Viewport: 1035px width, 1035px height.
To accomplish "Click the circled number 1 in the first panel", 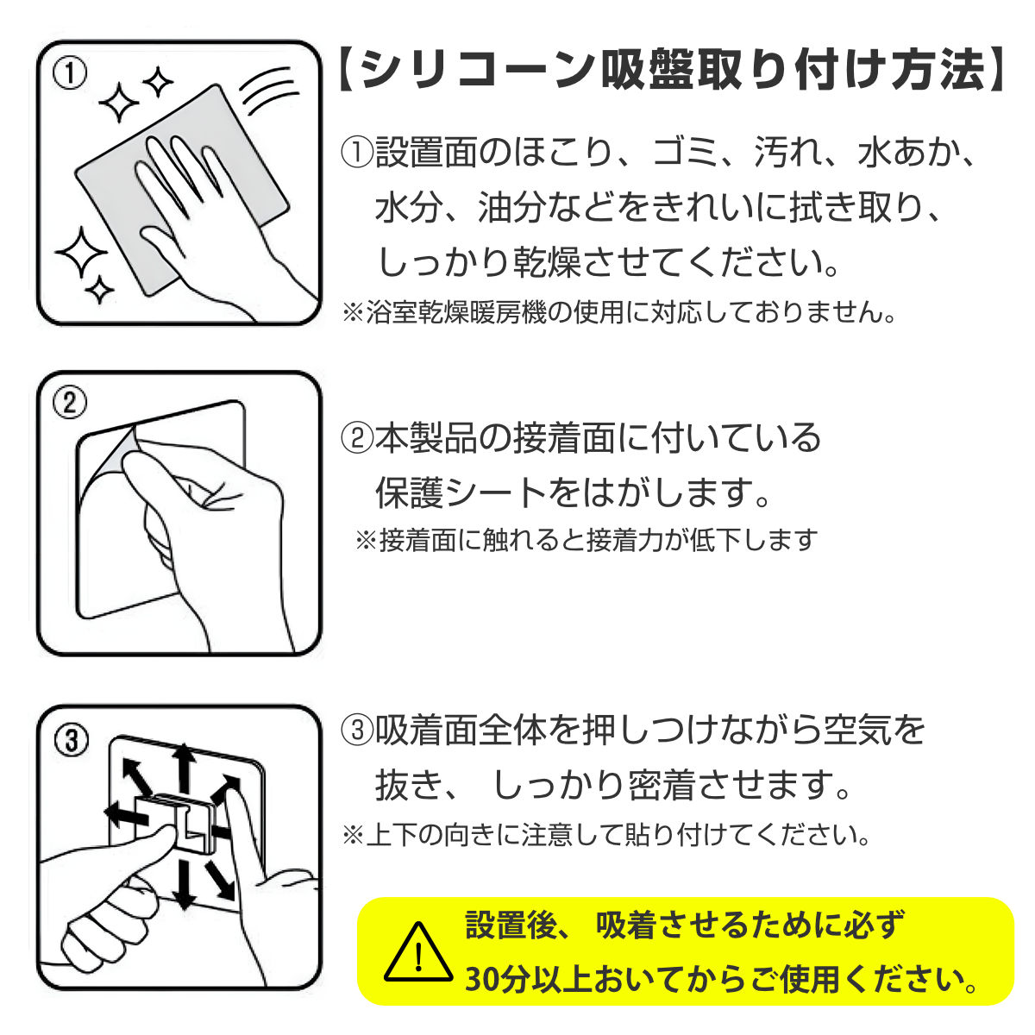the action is pos(70,73).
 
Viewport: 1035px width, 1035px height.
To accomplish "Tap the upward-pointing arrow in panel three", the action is pos(185,769).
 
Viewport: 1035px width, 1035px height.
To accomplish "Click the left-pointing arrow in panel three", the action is pos(126,817).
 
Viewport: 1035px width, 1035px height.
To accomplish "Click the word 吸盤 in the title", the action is pos(646,71).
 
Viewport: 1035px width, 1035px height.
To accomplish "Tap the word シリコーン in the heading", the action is pos(478,71).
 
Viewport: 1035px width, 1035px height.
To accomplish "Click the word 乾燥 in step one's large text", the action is pos(548,263).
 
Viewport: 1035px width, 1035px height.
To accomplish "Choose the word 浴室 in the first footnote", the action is pos(392,312).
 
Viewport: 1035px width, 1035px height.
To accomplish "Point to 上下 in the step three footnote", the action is pos(392,835).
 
